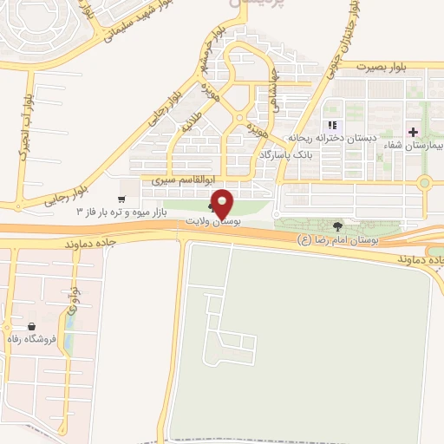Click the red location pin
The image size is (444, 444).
tap(223, 203)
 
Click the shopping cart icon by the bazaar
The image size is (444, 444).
tap(132, 198)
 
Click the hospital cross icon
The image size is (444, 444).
tap(412, 132)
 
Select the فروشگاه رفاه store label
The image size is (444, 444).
tap(31, 339)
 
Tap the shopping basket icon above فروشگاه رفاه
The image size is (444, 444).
tap(31, 326)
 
